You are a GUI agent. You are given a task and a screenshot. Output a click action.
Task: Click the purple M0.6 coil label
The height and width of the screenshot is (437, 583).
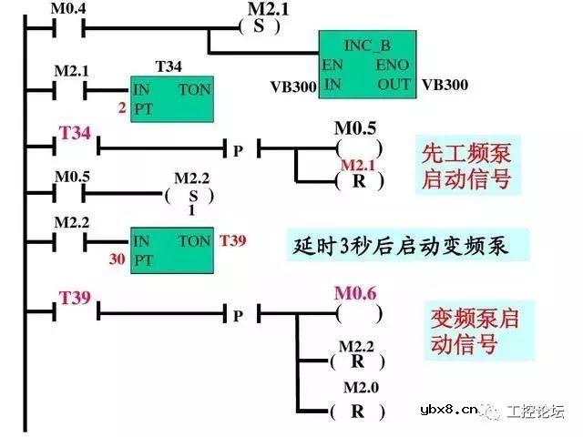click(x=355, y=292)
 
